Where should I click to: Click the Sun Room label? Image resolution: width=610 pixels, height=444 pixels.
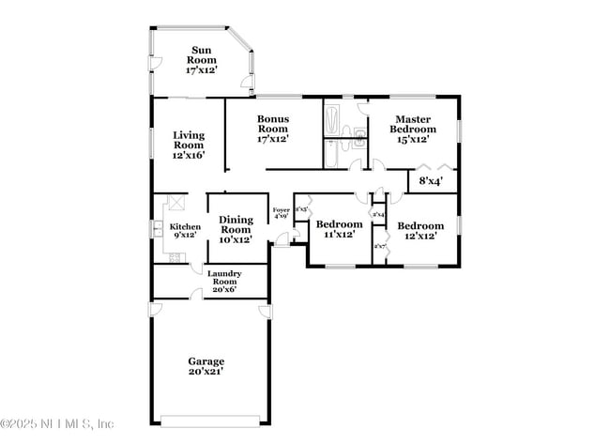202,60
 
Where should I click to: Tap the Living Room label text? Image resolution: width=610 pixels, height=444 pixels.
188,145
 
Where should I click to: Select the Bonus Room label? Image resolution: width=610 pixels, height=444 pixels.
272,129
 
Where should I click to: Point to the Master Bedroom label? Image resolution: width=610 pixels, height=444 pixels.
412,129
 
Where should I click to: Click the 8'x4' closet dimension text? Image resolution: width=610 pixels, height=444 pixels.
431,179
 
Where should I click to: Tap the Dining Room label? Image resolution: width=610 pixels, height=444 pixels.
236,229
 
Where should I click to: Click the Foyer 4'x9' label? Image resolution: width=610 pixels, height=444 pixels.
281,212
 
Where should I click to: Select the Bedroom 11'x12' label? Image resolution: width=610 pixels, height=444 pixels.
338,229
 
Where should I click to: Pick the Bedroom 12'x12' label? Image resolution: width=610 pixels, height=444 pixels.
419,230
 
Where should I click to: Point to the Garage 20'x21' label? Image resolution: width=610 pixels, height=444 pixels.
206,366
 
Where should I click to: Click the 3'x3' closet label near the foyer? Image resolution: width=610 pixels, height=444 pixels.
302,209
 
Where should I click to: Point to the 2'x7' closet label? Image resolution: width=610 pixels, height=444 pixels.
379,247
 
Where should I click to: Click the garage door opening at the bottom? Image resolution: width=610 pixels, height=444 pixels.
206,420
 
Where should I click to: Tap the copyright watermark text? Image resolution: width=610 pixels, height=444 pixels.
58,423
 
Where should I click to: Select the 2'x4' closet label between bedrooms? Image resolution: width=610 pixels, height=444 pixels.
378,215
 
